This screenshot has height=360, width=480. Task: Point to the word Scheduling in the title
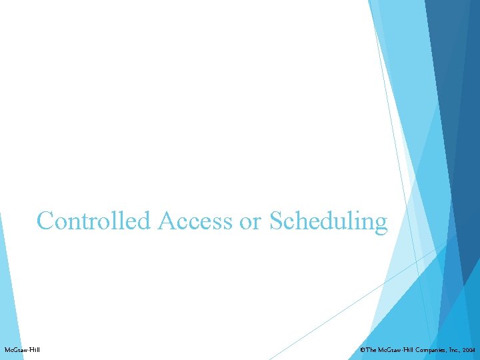[x=328, y=221]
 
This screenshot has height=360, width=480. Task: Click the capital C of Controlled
[x=45, y=221]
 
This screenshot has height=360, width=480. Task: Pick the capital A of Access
[x=166, y=221]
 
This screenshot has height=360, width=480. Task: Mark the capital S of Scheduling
[x=277, y=221]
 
